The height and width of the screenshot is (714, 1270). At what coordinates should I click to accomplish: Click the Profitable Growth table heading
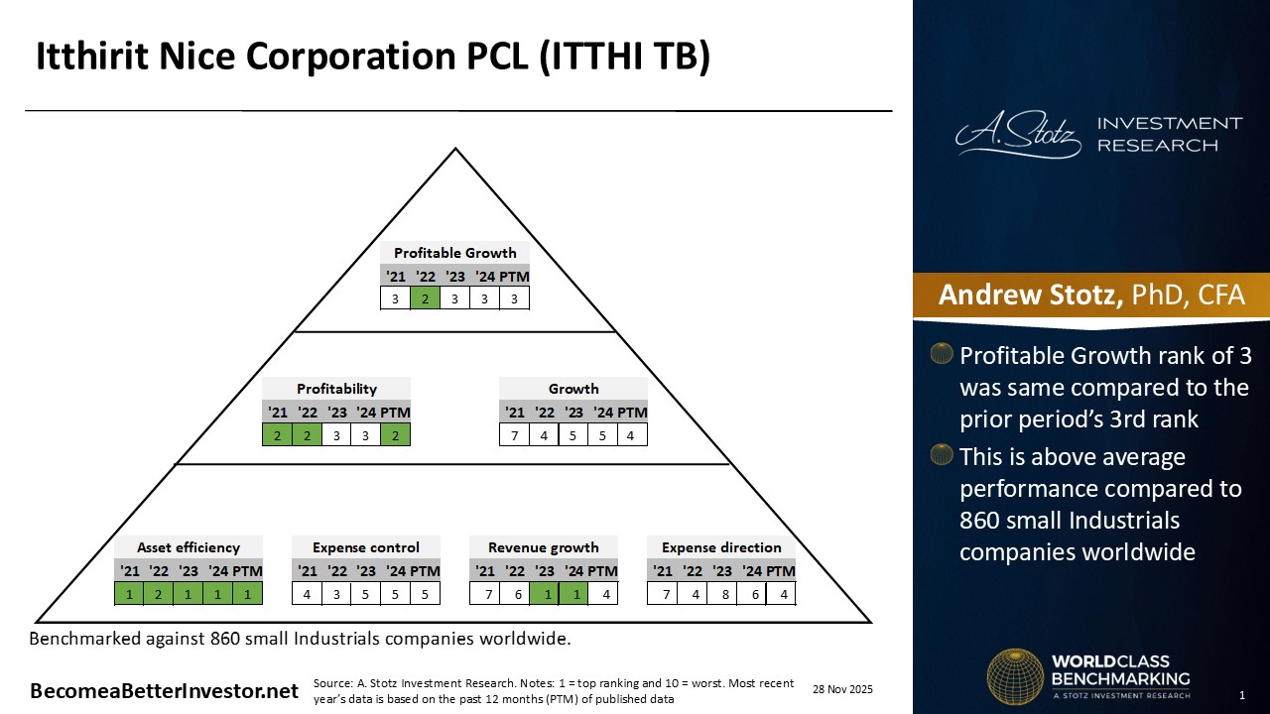pos(454,253)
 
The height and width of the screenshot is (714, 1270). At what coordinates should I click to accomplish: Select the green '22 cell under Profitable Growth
pos(425,298)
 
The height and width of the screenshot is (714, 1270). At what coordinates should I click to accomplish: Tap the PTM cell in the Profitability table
pos(395,434)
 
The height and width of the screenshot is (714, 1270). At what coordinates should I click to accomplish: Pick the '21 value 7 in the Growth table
pos(514,434)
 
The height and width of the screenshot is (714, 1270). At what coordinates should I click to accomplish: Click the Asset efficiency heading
pos(189,547)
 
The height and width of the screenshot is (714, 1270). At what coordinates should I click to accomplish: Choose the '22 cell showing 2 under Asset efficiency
pos(159,593)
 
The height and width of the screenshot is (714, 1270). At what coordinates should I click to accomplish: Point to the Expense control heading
pos(366,547)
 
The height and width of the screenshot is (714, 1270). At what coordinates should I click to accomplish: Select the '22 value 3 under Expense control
pos(337,593)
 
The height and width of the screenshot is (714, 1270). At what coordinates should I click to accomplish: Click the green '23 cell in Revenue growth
pos(544,593)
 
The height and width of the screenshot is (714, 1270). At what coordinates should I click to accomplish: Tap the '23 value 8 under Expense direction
pos(722,593)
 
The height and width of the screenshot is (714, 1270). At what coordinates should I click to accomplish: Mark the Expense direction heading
pos(721,547)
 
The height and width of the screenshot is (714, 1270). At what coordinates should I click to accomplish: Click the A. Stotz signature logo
pos(1018,135)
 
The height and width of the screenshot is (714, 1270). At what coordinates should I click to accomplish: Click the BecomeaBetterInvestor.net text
pos(164,691)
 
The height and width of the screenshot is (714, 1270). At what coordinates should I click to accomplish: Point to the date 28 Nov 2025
pos(842,689)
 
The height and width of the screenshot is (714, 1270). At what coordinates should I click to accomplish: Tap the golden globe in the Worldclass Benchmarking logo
pos(1014,676)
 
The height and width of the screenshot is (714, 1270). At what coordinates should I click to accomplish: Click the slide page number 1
pos(1243,694)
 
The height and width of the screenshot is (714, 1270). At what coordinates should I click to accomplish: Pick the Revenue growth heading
pos(544,547)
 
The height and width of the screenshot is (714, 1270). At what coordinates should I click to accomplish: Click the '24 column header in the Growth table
pos(603,413)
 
